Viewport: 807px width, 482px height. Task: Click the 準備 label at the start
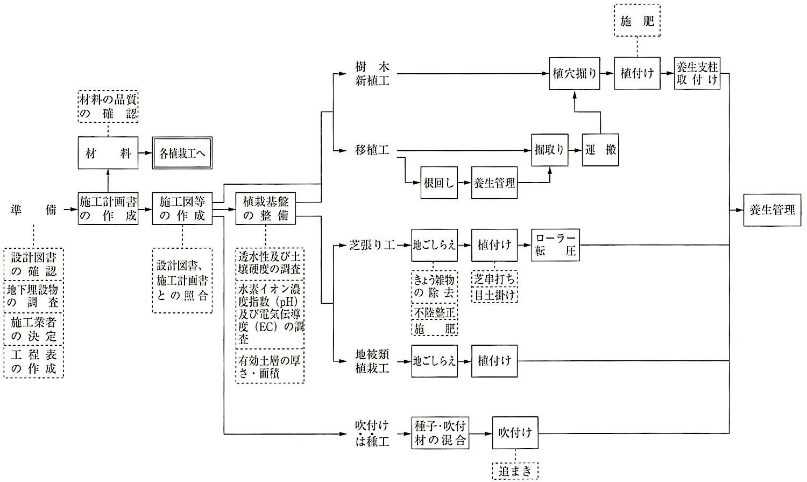(x=33, y=209)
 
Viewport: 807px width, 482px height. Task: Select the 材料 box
(x=108, y=153)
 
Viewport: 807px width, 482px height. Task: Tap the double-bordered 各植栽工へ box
(x=182, y=153)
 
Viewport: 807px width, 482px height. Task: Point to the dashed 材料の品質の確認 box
(x=108, y=106)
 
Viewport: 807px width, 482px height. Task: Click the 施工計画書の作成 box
(x=108, y=209)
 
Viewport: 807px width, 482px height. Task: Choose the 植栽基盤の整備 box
(x=266, y=209)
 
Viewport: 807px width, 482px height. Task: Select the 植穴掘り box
(x=575, y=74)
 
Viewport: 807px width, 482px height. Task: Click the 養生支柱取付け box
(x=697, y=74)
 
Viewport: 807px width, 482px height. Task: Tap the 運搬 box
(x=600, y=150)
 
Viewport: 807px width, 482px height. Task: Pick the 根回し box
(x=439, y=183)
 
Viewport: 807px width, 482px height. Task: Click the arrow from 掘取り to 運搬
(x=575, y=150)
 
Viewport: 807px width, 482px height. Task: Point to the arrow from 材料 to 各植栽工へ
(x=145, y=153)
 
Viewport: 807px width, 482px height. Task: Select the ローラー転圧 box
(x=556, y=245)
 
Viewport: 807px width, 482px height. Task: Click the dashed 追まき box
(x=515, y=471)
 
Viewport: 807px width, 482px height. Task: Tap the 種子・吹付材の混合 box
(x=440, y=433)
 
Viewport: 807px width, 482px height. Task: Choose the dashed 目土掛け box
(x=494, y=295)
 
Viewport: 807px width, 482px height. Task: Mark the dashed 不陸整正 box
(x=435, y=312)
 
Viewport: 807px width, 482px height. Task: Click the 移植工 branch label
(x=372, y=150)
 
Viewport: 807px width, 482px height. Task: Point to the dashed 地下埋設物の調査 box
(x=33, y=296)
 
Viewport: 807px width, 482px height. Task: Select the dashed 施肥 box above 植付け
(x=638, y=20)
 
